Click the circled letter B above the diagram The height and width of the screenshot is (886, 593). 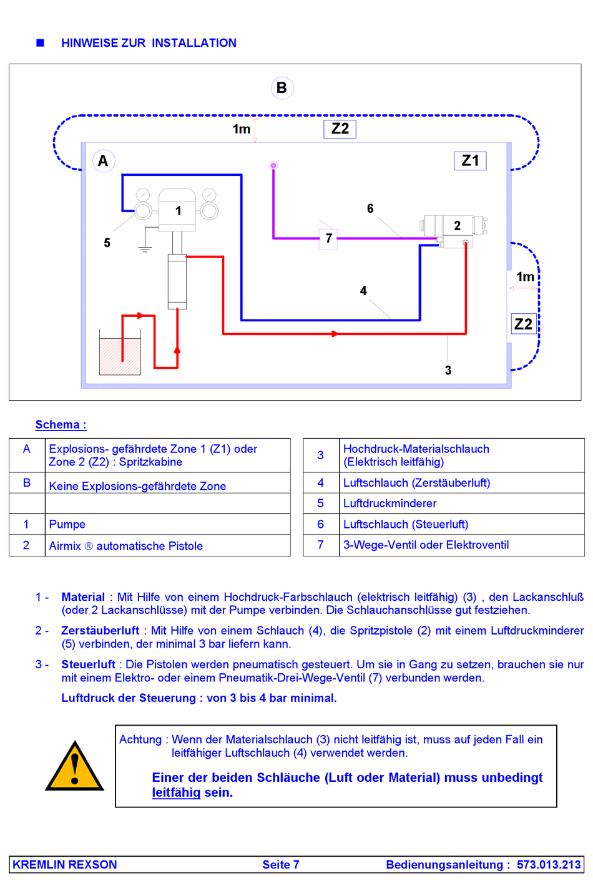tap(282, 88)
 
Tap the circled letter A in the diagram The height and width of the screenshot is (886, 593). tap(103, 161)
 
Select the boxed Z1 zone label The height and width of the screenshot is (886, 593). tap(470, 161)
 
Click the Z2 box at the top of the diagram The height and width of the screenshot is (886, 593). tap(340, 129)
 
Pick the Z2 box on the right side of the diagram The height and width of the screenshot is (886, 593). tap(523, 324)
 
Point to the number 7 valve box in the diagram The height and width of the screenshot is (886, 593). tap(328, 238)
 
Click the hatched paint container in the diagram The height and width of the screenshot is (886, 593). tap(120, 356)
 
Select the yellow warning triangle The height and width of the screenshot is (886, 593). tap(75, 767)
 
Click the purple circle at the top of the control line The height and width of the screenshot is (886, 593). tap(273, 165)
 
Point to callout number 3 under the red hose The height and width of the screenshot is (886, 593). tap(448, 371)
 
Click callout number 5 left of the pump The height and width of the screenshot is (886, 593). tap(107, 243)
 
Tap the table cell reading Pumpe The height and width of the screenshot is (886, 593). tap(67, 525)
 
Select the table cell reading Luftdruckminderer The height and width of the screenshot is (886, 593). tap(390, 504)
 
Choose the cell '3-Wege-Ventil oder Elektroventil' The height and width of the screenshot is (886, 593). tap(426, 545)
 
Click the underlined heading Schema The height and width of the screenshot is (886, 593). tap(61, 425)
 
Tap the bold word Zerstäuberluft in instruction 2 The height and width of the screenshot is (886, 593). tap(100, 631)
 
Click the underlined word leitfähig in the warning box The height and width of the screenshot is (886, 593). tap(176, 793)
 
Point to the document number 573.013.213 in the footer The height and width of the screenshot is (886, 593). tap(549, 865)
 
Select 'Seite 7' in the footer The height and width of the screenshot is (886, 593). tap(281, 865)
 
